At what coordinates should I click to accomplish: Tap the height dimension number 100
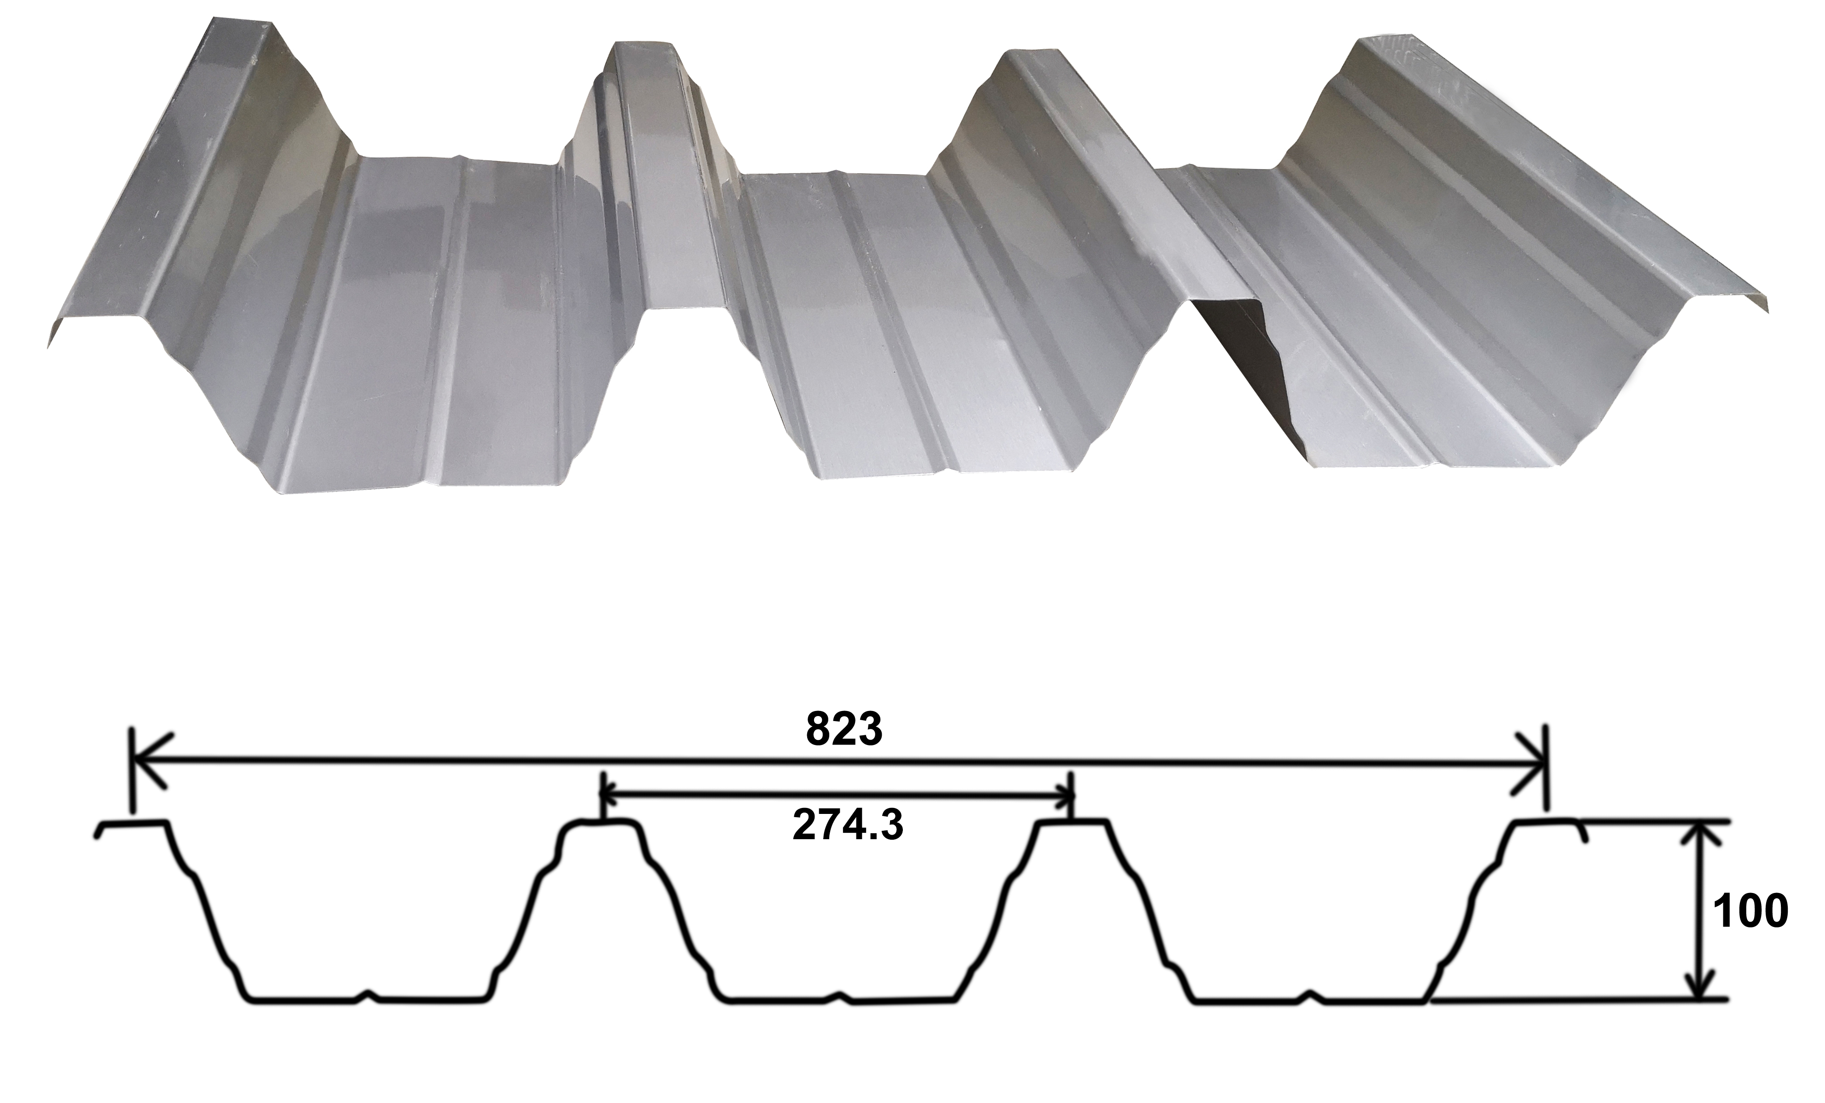[1750, 911]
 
